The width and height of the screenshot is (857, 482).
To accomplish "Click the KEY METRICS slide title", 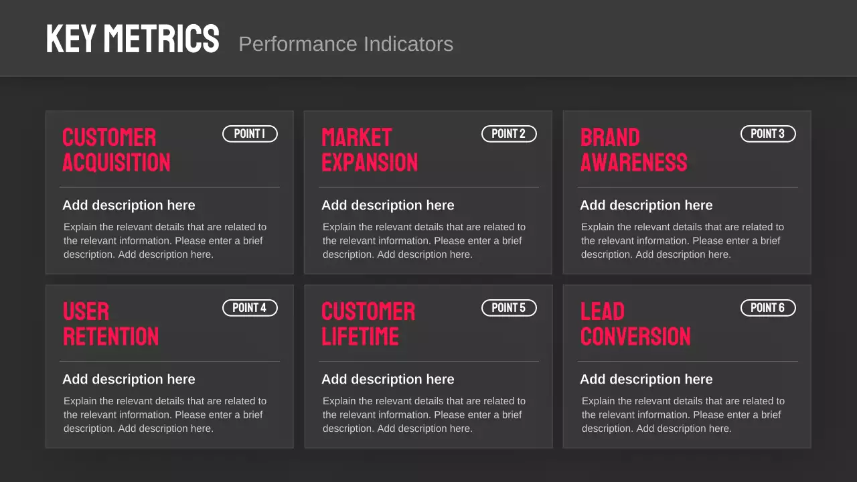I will (x=133, y=39).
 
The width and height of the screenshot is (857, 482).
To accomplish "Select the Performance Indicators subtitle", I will (x=345, y=44).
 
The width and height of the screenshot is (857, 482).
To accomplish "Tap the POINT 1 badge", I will (x=250, y=134).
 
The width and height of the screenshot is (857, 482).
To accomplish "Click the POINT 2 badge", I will (x=509, y=134).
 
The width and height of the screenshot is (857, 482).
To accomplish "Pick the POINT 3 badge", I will (x=768, y=134).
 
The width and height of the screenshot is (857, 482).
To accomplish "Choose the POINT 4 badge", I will (x=250, y=308).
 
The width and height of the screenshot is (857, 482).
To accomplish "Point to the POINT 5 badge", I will (x=509, y=308).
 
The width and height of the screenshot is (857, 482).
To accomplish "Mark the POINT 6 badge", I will (x=768, y=308).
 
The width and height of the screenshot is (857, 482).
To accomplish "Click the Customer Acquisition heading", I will (x=116, y=150).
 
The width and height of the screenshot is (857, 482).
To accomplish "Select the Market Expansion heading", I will (x=370, y=150).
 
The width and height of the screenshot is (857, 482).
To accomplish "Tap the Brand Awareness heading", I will (x=633, y=150).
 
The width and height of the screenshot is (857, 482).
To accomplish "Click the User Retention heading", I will (x=110, y=324).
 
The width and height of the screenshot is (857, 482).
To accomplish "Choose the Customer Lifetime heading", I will (x=368, y=324).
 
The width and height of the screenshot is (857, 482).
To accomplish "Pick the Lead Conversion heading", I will (x=635, y=324).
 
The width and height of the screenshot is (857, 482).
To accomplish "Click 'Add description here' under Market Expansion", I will (x=388, y=206).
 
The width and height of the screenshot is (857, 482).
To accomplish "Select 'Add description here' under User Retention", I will (x=129, y=380).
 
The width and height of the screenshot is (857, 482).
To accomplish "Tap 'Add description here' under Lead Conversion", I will (x=646, y=380).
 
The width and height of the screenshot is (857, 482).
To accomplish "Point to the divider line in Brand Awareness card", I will (x=688, y=187).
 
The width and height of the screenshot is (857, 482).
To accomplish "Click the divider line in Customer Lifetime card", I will (x=428, y=361).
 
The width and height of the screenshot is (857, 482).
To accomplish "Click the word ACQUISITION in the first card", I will (x=116, y=163).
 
